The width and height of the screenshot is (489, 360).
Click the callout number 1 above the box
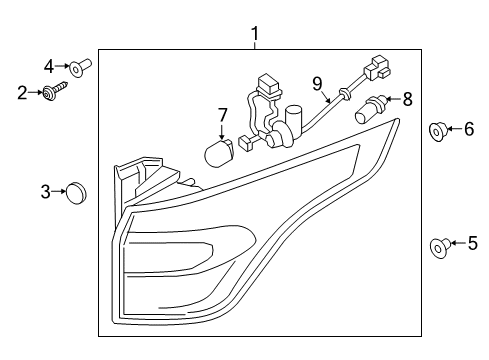click(x=255, y=34)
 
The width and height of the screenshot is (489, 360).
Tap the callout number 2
click(x=22, y=93)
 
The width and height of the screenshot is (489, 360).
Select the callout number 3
click(x=45, y=192)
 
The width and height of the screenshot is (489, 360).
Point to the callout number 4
click(x=49, y=66)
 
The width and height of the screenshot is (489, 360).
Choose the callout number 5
click(x=473, y=243)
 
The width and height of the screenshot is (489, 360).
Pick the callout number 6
click(x=469, y=129)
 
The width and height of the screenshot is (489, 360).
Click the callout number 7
click(x=222, y=115)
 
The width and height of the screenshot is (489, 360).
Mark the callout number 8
click(x=407, y=99)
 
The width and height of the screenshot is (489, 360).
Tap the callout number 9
click(x=317, y=83)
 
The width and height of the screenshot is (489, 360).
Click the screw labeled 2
click(x=55, y=90)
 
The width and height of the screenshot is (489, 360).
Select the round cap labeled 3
click(x=76, y=193)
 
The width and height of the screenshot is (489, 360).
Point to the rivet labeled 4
click(x=80, y=67)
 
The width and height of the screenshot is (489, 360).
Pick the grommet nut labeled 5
click(x=441, y=248)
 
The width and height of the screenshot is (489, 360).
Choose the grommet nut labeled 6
click(x=438, y=132)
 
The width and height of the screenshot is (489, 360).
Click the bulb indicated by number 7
click(x=218, y=153)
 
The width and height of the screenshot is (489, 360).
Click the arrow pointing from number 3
click(x=59, y=191)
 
